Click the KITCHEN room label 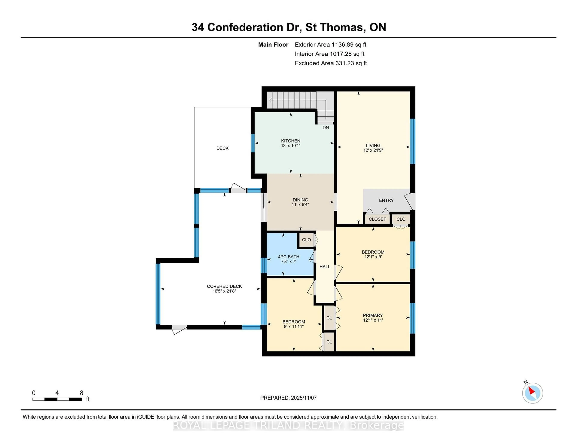click(291, 141)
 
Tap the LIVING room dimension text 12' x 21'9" click(373, 150)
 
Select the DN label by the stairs click(325, 128)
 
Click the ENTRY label click(386, 200)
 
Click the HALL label click(325, 267)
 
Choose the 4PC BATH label click(288, 257)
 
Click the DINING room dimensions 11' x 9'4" click(300, 205)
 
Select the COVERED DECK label click(224, 286)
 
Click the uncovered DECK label click(222, 148)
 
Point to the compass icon click(532, 393)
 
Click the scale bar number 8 click(82, 393)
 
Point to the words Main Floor click(273, 45)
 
